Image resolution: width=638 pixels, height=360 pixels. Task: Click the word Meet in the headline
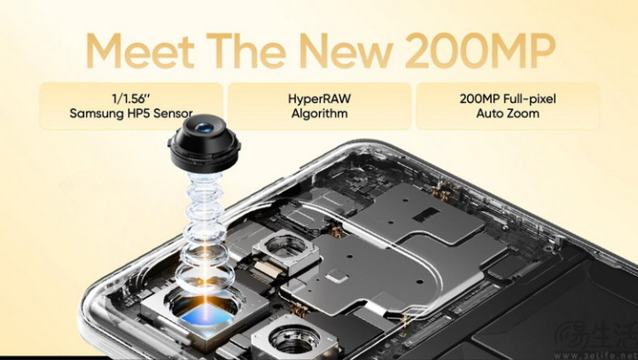(140, 51)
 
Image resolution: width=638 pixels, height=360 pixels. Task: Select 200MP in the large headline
(480, 51)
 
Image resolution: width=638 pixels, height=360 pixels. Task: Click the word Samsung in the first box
(96, 113)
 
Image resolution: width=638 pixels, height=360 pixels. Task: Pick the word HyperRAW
(319, 98)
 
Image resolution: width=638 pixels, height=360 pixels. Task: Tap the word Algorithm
(319, 113)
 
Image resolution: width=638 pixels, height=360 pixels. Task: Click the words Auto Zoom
(508, 113)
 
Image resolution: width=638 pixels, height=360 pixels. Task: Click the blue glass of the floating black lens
(204, 128)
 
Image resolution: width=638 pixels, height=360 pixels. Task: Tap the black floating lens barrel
(204, 144)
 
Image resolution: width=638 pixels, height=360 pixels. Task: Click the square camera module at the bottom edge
(294, 339)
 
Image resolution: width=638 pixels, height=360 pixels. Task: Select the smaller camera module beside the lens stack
(285, 250)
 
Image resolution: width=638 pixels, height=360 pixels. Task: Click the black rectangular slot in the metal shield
(426, 215)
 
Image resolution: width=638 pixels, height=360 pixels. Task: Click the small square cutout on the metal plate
(337, 278)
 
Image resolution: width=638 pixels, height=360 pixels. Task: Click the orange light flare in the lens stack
(206, 281)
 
